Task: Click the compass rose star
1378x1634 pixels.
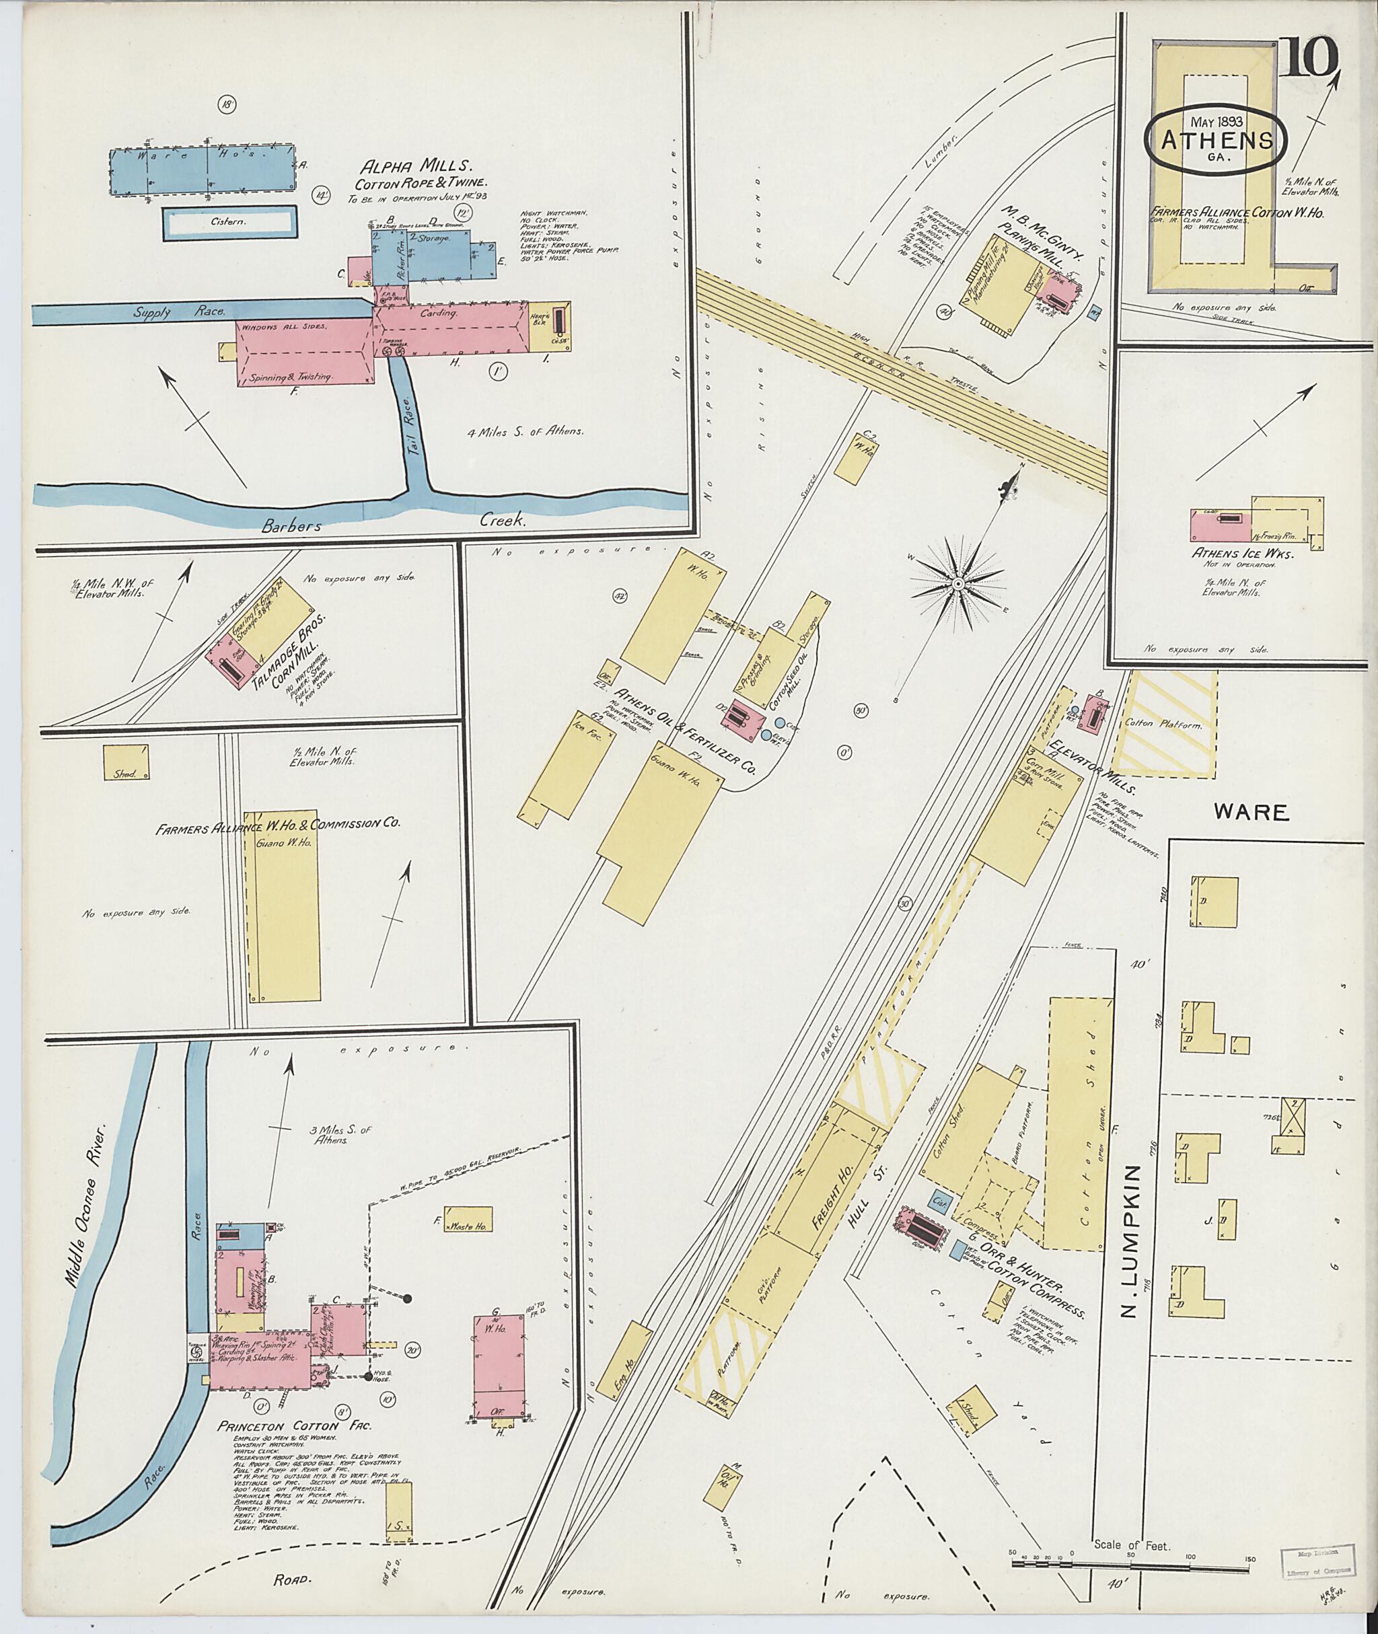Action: tap(957, 583)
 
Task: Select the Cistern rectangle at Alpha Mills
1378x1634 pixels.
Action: tap(229, 223)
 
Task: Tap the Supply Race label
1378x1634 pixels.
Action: tap(179, 311)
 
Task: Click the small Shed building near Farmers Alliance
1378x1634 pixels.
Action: tap(126, 763)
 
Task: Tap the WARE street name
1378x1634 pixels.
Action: tap(1251, 813)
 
